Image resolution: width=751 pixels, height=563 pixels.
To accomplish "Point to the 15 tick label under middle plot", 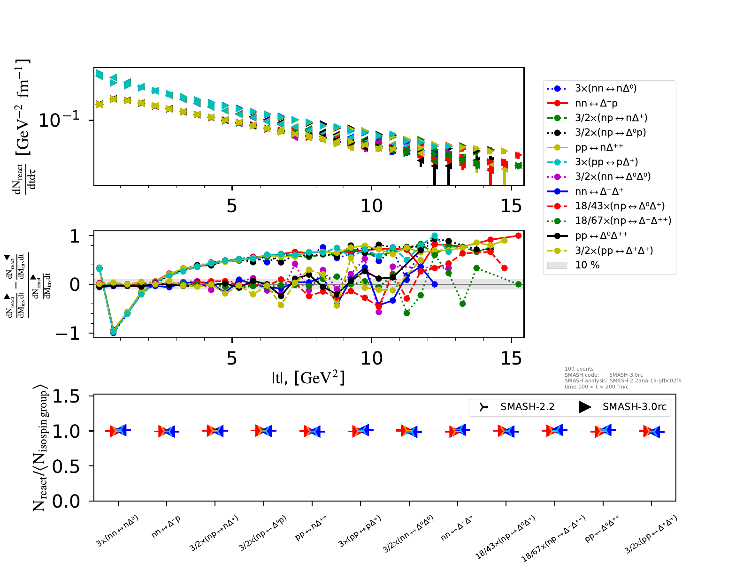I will tap(511, 359).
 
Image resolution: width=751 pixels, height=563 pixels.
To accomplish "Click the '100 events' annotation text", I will tap(579, 369).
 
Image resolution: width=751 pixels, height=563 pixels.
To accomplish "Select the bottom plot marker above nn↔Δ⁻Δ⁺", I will tap(458, 430).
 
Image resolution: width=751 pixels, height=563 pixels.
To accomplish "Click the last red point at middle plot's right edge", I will tap(518, 236).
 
